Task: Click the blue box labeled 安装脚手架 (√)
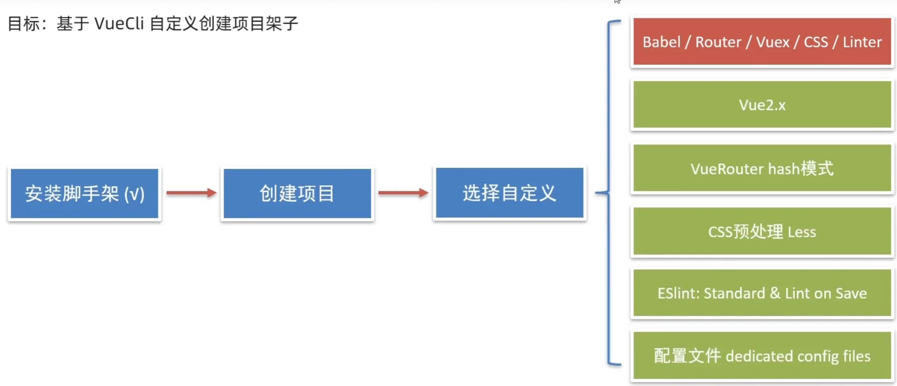(84, 193)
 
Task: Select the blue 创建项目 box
(297, 193)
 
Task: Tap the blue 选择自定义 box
(510, 193)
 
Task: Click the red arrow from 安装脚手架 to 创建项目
(191, 193)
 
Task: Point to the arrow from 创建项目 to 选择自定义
(403, 193)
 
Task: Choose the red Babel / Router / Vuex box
(762, 42)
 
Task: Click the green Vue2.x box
(762, 105)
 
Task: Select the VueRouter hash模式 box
(762, 168)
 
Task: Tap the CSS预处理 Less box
(762, 231)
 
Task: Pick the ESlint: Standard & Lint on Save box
(762, 293)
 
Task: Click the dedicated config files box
(762, 356)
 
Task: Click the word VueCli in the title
(119, 24)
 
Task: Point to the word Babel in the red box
(661, 42)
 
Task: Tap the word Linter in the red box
(862, 42)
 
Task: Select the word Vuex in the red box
(772, 42)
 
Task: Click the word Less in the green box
(802, 232)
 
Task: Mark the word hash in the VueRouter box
(784, 169)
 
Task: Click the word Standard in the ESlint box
(734, 293)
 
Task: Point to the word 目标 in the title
(24, 24)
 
